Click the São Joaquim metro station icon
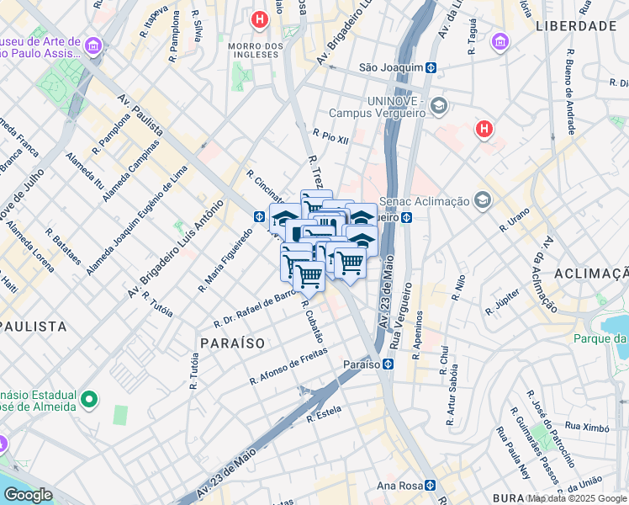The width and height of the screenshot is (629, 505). (x=430, y=67)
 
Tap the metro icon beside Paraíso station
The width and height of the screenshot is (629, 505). (x=388, y=364)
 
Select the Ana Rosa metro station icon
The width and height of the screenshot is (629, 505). (x=430, y=485)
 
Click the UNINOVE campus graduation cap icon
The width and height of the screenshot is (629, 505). (x=438, y=105)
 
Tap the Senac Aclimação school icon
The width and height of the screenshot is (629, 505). (x=482, y=200)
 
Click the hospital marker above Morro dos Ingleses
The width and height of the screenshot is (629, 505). (x=261, y=18)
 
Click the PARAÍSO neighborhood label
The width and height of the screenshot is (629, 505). (x=232, y=343)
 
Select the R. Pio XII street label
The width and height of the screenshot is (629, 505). (x=330, y=136)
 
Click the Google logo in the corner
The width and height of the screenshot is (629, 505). (x=27, y=495)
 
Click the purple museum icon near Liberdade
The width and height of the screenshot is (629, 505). (x=500, y=41)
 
